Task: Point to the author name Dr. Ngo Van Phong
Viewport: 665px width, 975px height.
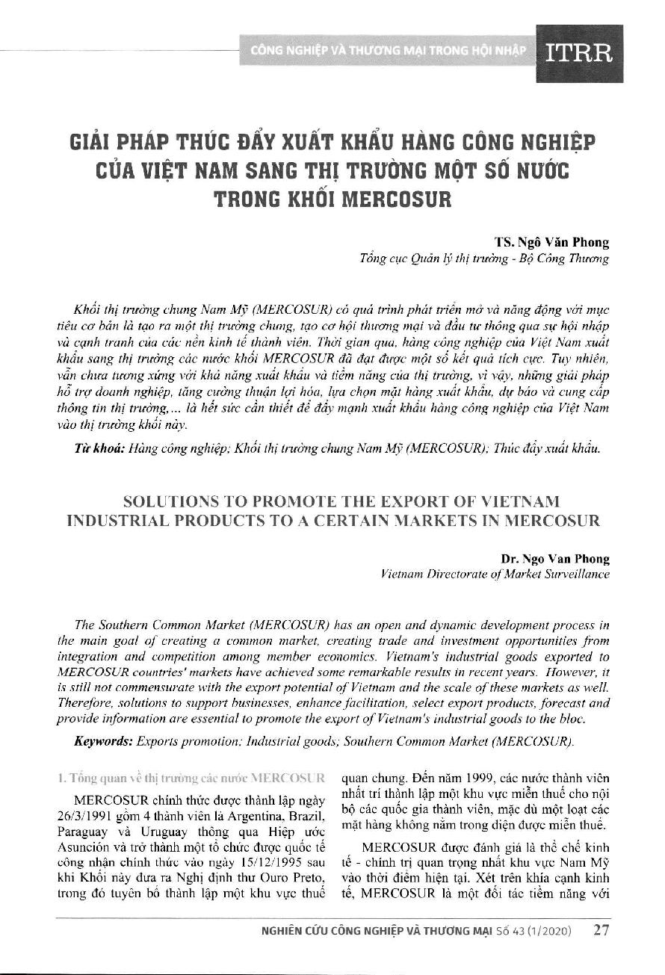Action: (x=554, y=559)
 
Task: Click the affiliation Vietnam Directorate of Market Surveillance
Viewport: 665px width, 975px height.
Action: (x=495, y=574)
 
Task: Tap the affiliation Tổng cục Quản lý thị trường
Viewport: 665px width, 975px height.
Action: (x=427, y=259)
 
